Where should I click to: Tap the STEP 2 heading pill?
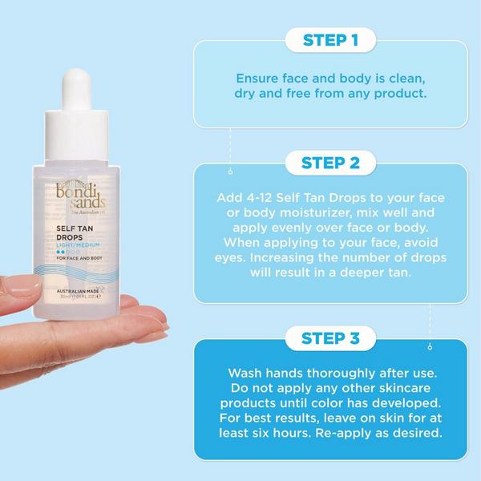pyautogui.click(x=330, y=164)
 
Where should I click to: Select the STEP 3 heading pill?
pyautogui.click(x=330, y=338)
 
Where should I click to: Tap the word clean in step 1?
pyautogui.click(x=396, y=79)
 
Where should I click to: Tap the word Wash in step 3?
pyautogui.click(x=246, y=373)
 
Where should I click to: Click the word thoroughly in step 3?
pyautogui.click(x=328, y=373)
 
